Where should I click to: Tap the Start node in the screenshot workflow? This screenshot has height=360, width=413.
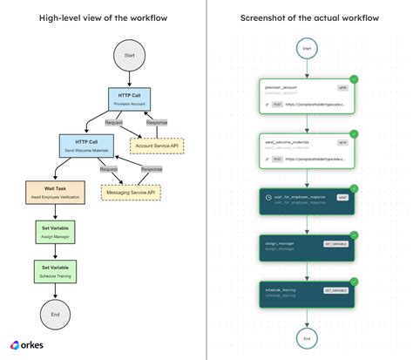306,50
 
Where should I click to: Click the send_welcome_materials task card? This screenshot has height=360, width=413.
306,149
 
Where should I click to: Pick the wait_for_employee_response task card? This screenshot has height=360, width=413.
306,201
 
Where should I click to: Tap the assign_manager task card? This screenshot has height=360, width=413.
306,248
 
